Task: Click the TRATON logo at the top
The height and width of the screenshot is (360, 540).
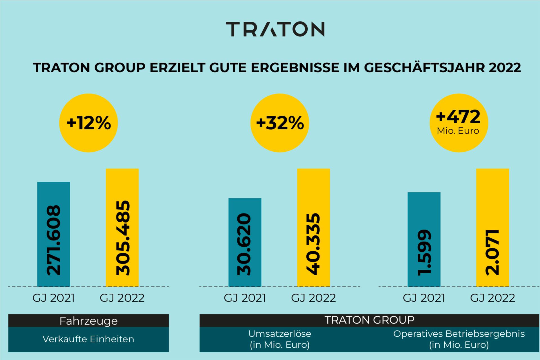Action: [275, 29]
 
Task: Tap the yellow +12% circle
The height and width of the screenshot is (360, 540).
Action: [88, 123]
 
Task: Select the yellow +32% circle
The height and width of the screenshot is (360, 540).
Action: [280, 123]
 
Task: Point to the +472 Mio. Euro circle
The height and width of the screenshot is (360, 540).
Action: [459, 123]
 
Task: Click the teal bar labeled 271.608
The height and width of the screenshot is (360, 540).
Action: [53, 234]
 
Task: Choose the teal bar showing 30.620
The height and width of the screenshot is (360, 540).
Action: [245, 242]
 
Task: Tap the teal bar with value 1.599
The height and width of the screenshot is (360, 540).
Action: [424, 239]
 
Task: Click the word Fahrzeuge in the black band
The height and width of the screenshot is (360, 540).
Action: [88, 321]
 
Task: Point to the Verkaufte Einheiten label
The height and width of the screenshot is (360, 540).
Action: [88, 339]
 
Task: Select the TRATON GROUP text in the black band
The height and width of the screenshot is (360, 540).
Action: [369, 320]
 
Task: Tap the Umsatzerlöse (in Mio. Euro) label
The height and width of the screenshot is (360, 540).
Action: [280, 339]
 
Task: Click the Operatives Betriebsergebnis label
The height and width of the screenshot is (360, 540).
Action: [459, 334]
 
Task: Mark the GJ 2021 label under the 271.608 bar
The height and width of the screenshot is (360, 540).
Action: [53, 298]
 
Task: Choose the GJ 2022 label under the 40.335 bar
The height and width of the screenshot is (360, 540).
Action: [313, 298]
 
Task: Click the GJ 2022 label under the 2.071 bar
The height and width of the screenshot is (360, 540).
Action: [492, 298]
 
